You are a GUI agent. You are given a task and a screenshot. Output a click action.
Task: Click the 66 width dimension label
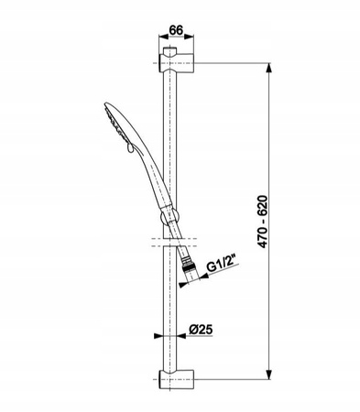pos(176,30)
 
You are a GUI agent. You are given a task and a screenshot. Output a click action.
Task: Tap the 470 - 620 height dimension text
pos(262,222)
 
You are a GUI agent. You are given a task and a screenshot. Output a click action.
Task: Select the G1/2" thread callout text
pos(221,266)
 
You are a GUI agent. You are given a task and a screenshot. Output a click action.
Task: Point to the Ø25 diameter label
pos(201,330)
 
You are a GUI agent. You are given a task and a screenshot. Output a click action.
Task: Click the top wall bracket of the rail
pos(176,63)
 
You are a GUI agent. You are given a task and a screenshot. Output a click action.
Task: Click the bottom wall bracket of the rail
pos(176,379)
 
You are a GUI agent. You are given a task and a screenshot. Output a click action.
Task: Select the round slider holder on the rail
pos(169,217)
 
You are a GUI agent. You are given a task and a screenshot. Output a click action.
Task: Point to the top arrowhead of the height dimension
pos(268,68)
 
